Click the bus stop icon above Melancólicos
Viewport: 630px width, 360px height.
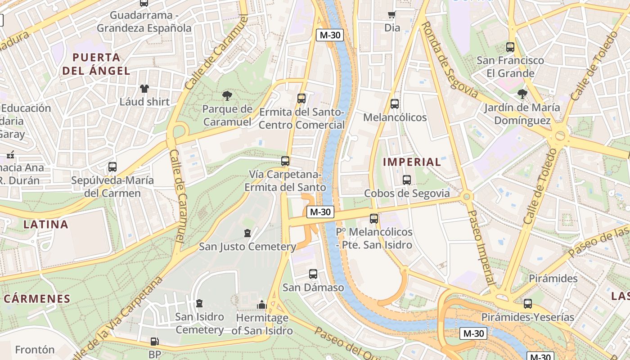coord(395,104)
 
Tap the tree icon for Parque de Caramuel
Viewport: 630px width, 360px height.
coord(227,95)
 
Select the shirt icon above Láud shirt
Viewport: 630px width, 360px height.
coord(144,88)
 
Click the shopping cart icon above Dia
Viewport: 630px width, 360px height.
coord(392,15)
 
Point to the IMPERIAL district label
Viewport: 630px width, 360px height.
coord(412,162)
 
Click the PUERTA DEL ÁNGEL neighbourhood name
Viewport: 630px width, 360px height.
coord(96,64)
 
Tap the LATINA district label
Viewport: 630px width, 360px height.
coord(45,225)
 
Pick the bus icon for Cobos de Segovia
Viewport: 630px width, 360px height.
coord(407,180)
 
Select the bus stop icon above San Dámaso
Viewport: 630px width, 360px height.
coord(313,274)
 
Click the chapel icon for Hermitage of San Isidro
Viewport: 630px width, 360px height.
coord(262,305)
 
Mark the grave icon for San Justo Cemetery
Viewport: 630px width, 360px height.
coord(247,233)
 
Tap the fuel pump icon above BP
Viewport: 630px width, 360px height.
coord(154,342)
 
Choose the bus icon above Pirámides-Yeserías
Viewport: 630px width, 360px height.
coord(527,304)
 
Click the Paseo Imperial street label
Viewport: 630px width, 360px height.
coord(481,247)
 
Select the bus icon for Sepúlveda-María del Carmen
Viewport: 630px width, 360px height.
coord(112,167)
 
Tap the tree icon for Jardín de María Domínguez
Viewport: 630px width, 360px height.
coord(522,94)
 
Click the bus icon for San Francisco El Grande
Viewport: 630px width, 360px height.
coord(510,47)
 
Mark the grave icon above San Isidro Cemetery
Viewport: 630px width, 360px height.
coord(199,303)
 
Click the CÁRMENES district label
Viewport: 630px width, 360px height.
coord(37,299)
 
